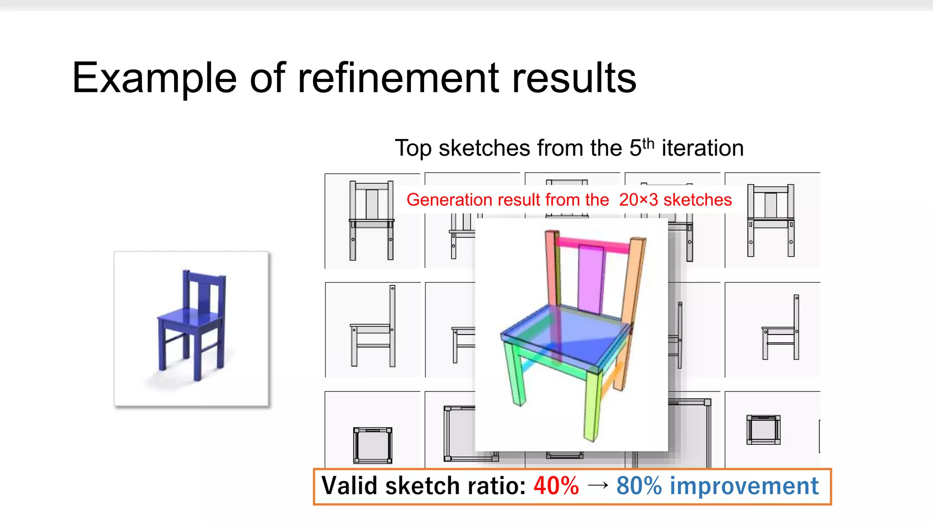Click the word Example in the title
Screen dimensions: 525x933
(154, 78)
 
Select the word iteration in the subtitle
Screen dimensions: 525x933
(702, 148)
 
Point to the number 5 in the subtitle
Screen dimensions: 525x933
(635, 148)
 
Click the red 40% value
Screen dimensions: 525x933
(556, 486)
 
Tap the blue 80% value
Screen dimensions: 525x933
(639, 486)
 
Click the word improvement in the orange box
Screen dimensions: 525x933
(744, 486)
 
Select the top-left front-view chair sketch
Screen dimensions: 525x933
(372, 221)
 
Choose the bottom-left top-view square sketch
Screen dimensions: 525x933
(373, 445)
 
